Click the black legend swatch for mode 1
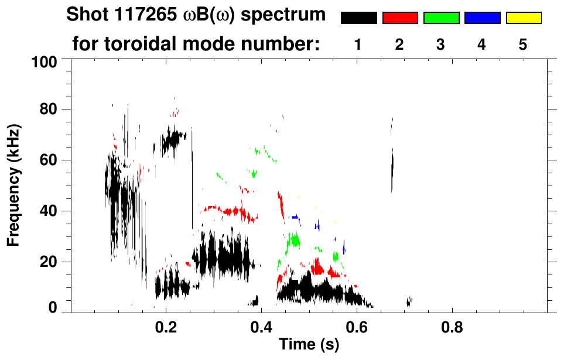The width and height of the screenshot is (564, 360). [x=358, y=18]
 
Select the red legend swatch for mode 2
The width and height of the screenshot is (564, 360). [x=400, y=18]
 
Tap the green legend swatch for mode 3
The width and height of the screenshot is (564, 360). [x=441, y=18]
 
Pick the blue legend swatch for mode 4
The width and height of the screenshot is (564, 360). [x=482, y=18]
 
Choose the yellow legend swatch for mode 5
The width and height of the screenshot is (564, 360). [x=523, y=18]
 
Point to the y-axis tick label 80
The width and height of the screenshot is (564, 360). [x=47, y=109]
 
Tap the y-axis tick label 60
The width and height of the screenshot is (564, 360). [x=47, y=160]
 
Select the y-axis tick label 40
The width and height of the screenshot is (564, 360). [x=47, y=211]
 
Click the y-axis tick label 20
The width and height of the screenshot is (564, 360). [x=47, y=262]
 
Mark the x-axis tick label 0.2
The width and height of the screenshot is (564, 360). [x=165, y=327]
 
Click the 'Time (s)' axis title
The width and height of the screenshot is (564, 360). [x=308, y=345]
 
